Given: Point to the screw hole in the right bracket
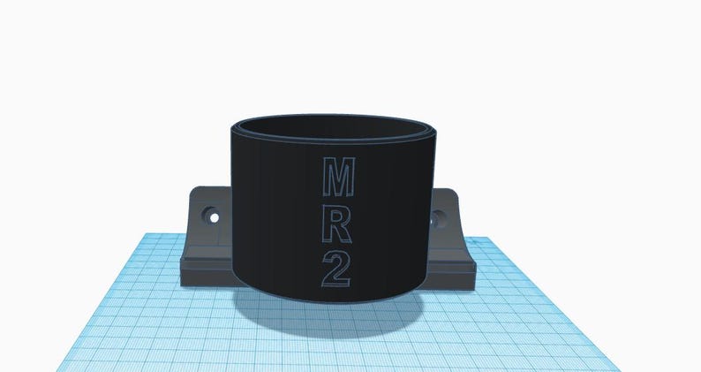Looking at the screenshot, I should [437, 216].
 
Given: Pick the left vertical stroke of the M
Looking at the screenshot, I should [323, 178].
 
